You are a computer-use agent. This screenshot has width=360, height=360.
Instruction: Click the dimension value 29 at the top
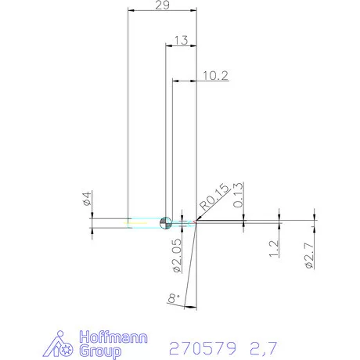[162, 5]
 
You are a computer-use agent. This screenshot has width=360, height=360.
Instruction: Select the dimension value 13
[180, 40]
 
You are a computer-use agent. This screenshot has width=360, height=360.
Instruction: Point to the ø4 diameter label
[88, 199]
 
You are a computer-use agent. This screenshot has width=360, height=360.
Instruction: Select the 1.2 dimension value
[273, 250]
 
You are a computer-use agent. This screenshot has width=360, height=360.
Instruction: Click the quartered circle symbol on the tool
[165, 222]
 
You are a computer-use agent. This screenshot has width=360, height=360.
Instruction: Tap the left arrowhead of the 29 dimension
[131, 10]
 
